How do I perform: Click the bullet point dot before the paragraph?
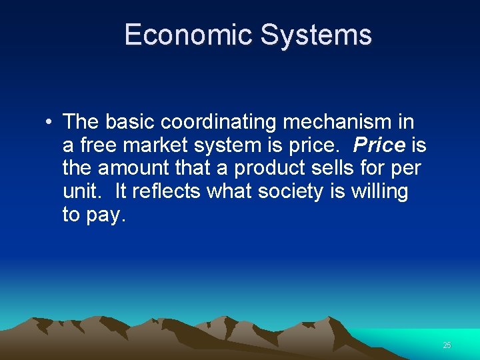pyautogui.click(x=50, y=123)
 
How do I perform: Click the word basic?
pyautogui.click(x=129, y=123)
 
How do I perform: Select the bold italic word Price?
pyautogui.click(x=379, y=145)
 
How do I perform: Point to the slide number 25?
pyautogui.click(x=447, y=345)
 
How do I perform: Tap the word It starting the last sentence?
pyautogui.click(x=121, y=192)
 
